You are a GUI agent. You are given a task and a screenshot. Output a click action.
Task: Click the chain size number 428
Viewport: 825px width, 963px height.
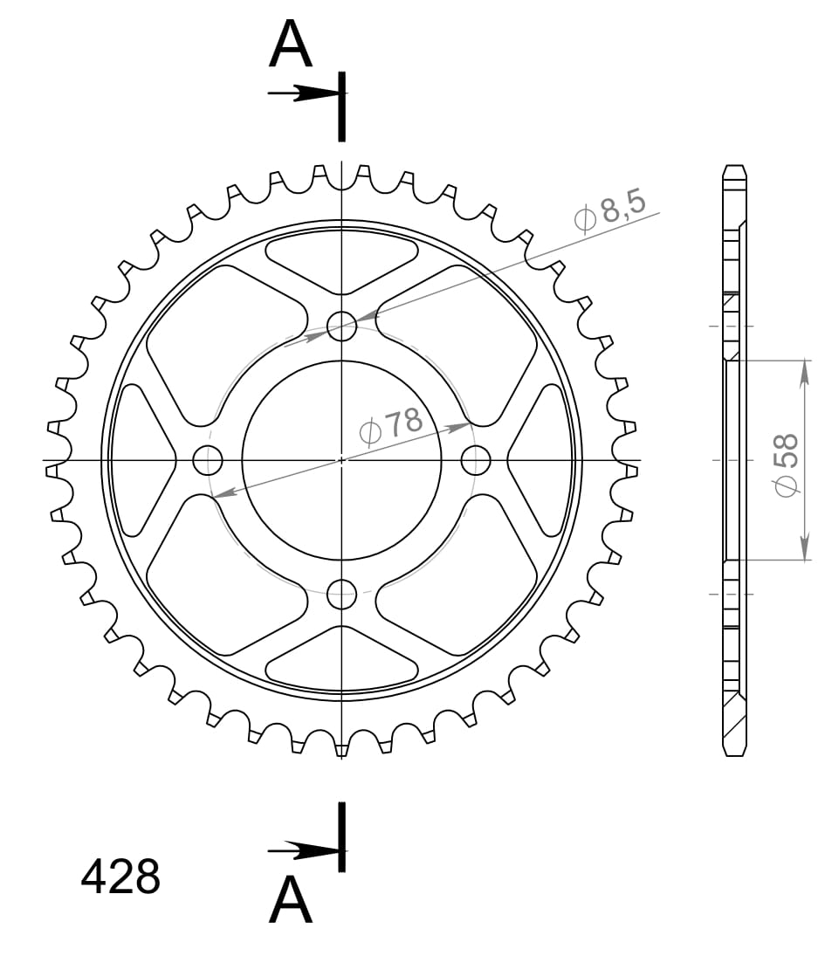(x=120, y=877)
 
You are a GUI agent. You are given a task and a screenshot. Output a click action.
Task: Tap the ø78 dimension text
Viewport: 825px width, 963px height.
(x=391, y=425)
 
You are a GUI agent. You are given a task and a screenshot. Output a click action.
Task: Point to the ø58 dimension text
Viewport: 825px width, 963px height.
(x=786, y=464)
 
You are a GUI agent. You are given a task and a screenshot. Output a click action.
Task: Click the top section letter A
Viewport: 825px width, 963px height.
(x=291, y=45)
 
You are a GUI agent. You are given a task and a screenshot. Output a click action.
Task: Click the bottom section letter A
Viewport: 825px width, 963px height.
(x=291, y=900)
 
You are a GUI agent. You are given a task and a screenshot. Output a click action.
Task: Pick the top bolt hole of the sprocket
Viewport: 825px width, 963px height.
(x=341, y=326)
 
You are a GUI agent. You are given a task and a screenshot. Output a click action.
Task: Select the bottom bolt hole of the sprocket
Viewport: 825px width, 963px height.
(x=341, y=595)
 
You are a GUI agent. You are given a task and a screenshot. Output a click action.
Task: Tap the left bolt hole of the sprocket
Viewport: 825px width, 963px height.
(x=208, y=459)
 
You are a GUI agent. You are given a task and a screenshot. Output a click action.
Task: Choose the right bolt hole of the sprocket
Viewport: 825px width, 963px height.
(x=476, y=459)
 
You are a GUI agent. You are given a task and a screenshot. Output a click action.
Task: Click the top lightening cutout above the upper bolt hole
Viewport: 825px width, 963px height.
(x=341, y=261)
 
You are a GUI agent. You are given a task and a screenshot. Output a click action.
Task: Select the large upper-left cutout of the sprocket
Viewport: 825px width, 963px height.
(x=218, y=336)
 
